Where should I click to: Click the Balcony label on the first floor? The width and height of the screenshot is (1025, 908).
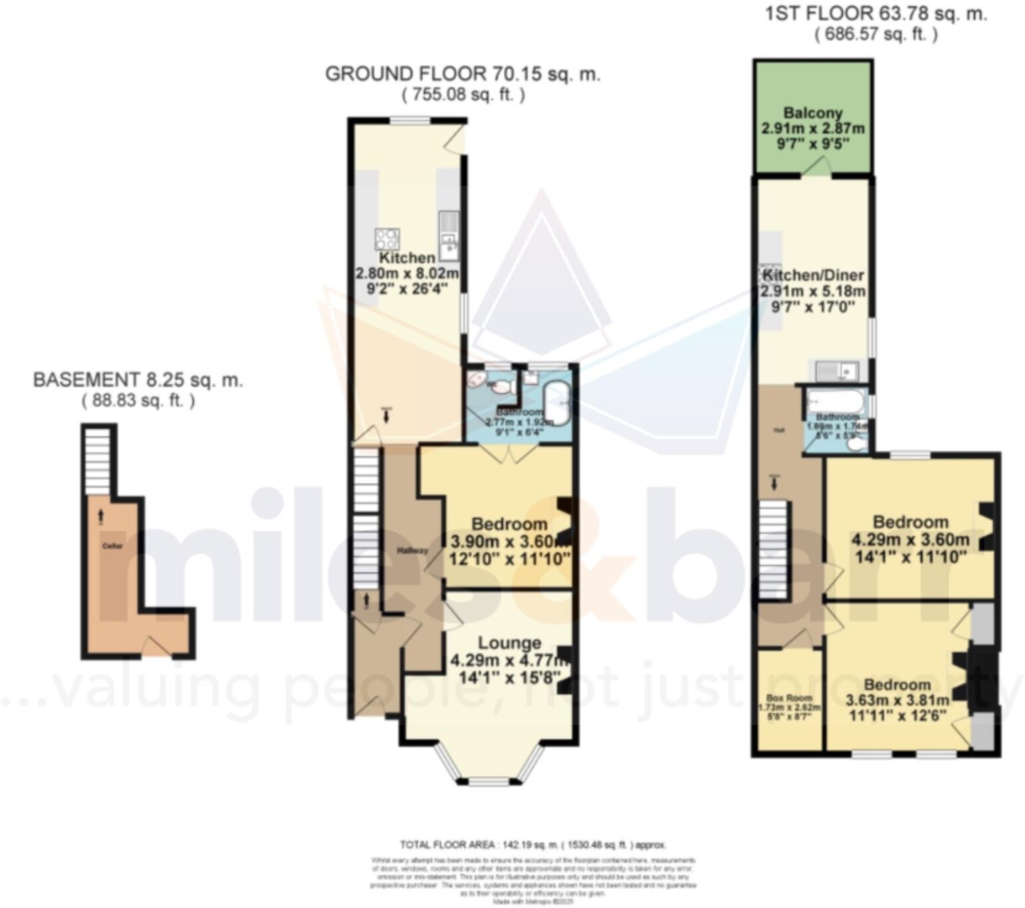coord(812,113)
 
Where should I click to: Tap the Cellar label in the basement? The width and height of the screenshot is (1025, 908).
coord(112,546)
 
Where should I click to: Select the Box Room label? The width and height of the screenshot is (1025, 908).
coord(789,698)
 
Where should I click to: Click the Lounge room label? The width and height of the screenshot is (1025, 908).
coord(509,643)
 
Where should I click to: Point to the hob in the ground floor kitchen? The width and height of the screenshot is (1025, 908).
coord(387,238)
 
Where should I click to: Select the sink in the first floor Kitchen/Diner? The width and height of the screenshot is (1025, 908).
coord(836,371)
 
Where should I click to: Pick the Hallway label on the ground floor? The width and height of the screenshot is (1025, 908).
coord(412,551)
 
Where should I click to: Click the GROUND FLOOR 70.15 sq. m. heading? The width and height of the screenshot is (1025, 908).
coord(463,74)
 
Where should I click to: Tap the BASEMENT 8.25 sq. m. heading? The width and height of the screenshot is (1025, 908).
coord(138,380)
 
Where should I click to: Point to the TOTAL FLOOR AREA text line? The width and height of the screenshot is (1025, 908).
coord(532,845)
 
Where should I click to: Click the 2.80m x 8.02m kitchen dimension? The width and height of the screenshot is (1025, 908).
coord(407,273)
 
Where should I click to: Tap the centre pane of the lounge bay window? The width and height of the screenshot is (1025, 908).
coord(489,782)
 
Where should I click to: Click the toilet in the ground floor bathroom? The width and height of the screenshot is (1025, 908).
coord(500,387)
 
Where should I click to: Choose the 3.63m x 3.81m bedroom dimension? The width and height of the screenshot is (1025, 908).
coord(897,700)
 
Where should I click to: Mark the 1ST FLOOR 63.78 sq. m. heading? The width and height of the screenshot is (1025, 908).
coord(875,13)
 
